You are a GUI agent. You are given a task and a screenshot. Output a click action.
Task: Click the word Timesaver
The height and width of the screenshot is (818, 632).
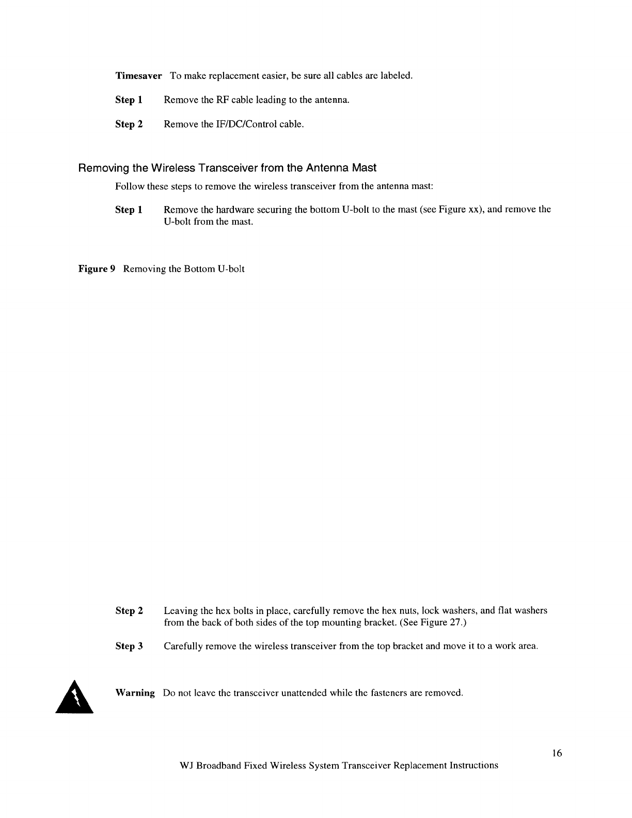pyautogui.click(x=138, y=76)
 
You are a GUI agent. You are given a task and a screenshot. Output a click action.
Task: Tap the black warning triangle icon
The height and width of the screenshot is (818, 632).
pyautogui.click(x=74, y=697)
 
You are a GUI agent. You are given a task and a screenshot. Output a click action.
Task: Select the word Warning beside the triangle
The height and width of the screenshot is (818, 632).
pyautogui.click(x=135, y=693)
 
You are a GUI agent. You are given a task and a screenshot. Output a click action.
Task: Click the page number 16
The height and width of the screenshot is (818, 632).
pyautogui.click(x=556, y=753)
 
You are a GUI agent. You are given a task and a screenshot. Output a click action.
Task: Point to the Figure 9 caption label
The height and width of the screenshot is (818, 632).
pyautogui.click(x=96, y=269)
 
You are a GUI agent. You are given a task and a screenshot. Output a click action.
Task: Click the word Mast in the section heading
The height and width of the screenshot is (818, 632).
pyautogui.click(x=365, y=168)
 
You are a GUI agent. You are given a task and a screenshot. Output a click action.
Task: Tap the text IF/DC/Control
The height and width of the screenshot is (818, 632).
pyautogui.click(x=243, y=124)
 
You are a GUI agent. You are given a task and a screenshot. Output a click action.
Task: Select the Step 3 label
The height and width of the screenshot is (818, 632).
pyautogui.click(x=129, y=646)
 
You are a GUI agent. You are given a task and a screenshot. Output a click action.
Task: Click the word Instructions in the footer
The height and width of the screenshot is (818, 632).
pyautogui.click(x=472, y=765)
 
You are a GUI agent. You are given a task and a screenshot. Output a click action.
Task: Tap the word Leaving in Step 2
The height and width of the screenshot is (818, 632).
pyautogui.click(x=180, y=611)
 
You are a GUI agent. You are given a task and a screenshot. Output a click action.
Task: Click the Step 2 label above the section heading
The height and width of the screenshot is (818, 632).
pyautogui.click(x=129, y=124)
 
